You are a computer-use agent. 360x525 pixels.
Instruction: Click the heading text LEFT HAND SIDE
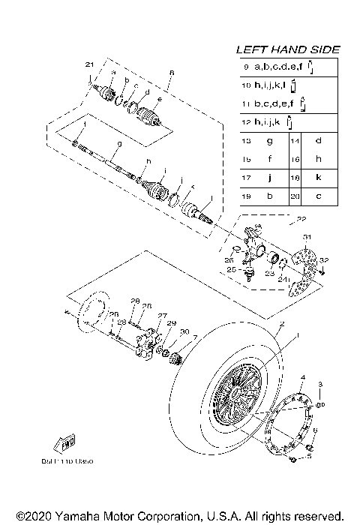coord(288,49)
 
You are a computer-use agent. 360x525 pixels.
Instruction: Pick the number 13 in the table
coord(246,140)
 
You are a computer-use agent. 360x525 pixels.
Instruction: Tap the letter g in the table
coord(268,140)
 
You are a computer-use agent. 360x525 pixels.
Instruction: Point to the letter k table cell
coord(319,178)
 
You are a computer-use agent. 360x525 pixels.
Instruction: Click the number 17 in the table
coord(246,178)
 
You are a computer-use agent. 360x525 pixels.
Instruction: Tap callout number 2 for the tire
coord(281,325)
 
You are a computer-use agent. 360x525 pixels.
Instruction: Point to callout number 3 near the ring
coord(321,385)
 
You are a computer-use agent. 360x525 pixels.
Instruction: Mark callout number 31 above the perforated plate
coord(306,237)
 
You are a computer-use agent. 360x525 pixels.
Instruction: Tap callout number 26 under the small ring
coord(229,259)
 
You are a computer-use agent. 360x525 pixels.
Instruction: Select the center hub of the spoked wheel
coord(240,394)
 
